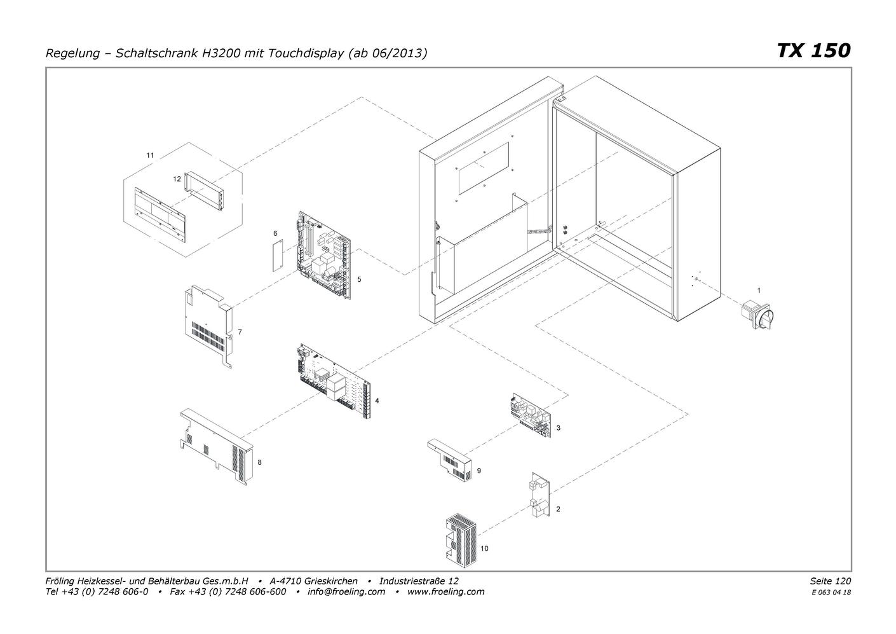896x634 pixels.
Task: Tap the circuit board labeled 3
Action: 531,415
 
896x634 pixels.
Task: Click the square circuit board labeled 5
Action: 324,255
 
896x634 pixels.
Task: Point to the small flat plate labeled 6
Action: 278,256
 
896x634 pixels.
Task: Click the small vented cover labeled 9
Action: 449,460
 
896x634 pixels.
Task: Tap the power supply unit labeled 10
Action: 461,542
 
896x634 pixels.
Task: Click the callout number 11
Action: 151,155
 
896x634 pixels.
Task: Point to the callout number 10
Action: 484,548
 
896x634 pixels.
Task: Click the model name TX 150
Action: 813,51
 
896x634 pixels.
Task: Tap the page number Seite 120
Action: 831,581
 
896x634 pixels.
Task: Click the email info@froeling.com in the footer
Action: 346,591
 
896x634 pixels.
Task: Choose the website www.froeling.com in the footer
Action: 445,591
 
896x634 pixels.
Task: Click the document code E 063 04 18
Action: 831,593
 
